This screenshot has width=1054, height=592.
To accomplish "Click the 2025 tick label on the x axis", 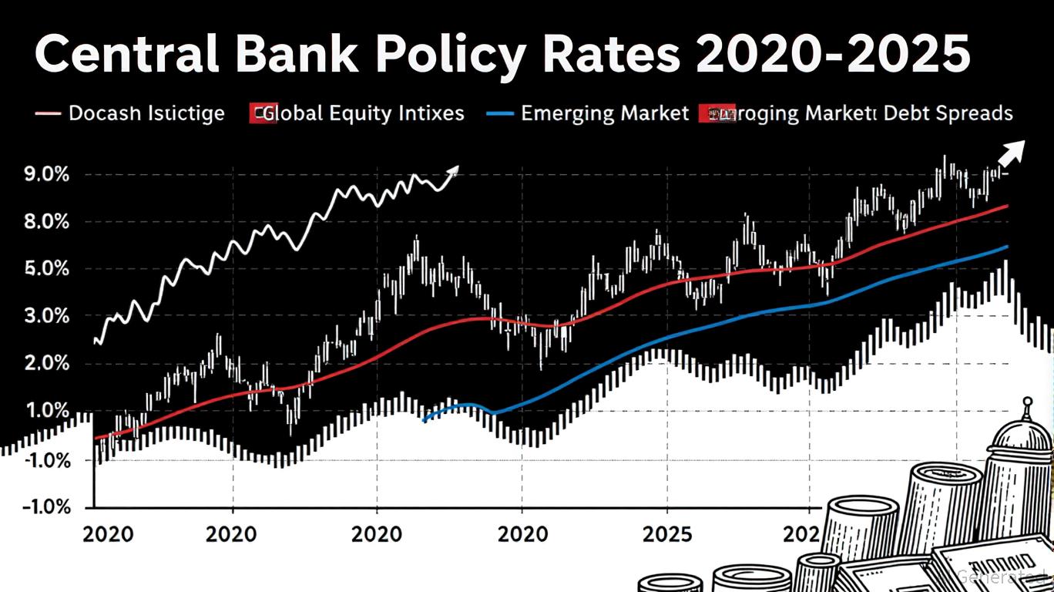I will click(667, 534).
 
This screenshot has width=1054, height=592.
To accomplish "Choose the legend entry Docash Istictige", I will click(146, 114).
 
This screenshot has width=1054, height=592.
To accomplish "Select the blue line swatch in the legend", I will click(500, 114).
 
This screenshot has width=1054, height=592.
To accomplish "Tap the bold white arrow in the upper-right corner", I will click(1012, 153).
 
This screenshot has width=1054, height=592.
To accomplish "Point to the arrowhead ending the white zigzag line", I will click(453, 170).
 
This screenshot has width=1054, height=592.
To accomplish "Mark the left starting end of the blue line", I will click(425, 420).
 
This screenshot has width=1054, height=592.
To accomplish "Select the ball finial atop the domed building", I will click(1026, 402).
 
